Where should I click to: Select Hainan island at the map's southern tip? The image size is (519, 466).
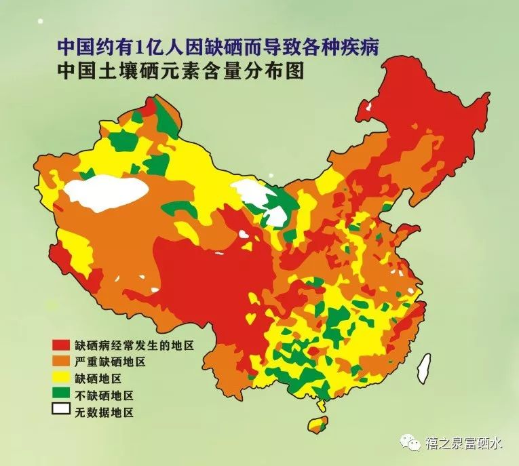(318, 425)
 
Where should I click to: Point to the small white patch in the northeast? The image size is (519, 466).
(368, 106)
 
